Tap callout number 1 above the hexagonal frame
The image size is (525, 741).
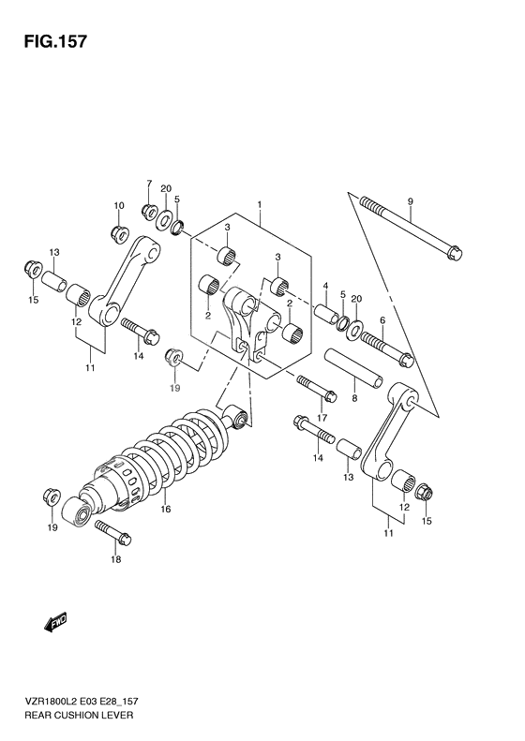pos(260,204)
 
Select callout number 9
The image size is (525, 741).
pos(411,201)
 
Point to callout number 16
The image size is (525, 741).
pos(165,510)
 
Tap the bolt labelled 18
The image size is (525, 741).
pos(112,536)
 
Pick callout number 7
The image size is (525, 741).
pos(148,183)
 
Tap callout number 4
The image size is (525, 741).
pos(324,286)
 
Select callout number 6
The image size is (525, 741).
pos(382,321)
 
